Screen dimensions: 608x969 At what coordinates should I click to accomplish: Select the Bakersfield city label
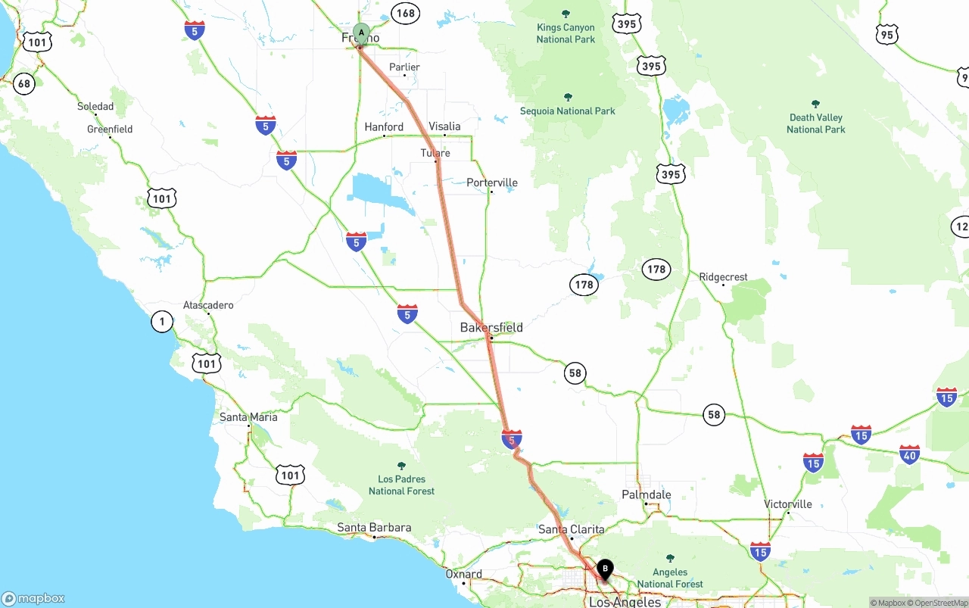click(491, 328)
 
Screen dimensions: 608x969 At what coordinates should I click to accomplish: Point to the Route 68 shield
click(24, 83)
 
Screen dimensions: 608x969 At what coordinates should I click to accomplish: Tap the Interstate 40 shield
click(910, 455)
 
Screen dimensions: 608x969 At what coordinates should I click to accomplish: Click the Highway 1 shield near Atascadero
click(162, 322)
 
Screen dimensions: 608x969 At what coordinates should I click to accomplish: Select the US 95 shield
click(887, 34)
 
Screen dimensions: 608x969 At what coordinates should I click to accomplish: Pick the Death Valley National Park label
click(815, 123)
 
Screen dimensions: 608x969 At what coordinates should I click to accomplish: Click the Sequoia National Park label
click(568, 111)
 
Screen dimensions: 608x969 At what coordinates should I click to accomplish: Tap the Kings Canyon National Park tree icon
click(566, 14)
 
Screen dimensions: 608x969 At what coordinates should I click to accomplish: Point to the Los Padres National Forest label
click(401, 485)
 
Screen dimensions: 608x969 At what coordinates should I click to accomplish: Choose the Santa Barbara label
click(374, 528)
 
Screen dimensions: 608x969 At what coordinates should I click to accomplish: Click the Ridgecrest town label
click(723, 277)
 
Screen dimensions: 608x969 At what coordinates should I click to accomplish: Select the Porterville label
click(492, 182)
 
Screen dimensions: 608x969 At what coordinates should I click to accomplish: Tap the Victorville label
click(787, 504)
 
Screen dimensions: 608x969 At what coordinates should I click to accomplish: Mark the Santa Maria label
click(248, 417)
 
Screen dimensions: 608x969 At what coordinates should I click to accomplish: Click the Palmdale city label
click(647, 494)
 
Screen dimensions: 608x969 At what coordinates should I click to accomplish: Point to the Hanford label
click(384, 126)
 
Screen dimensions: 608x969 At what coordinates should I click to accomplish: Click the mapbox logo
click(33, 598)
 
